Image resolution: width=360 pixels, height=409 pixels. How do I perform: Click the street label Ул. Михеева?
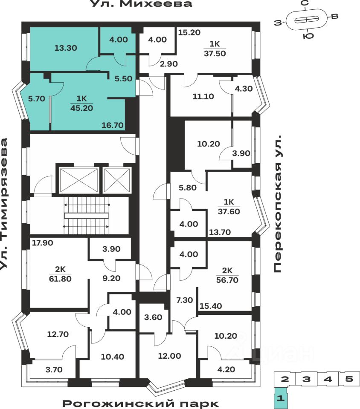coord(141,5)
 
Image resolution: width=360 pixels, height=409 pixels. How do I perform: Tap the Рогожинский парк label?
coord(141,403)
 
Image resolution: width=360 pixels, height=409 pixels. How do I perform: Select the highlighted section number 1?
coord(280,399)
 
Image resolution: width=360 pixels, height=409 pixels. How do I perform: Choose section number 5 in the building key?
coord(349,379)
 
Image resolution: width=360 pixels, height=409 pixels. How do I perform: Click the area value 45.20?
coord(81,107)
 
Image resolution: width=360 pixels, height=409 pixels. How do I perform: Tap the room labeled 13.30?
coord(66,48)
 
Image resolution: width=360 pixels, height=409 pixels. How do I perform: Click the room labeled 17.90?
coord(42,243)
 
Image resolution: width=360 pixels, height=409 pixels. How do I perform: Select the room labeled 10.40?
coord(113,356)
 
